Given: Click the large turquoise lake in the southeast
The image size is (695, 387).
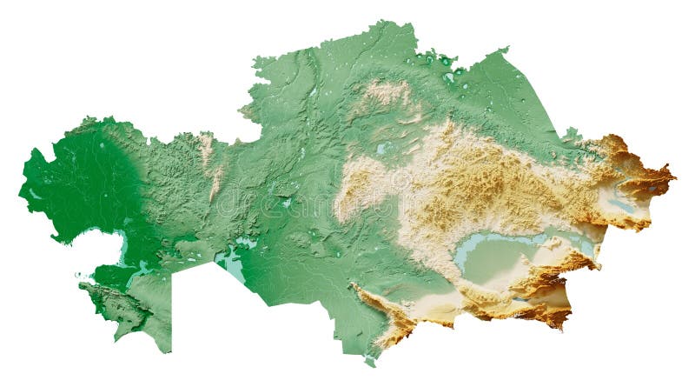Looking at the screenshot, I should pyautogui.click(x=486, y=248).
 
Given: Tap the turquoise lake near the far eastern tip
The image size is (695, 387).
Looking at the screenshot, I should pyautogui.click(x=652, y=186).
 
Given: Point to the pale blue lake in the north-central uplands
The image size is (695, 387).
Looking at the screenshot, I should pyautogui.click(x=382, y=149).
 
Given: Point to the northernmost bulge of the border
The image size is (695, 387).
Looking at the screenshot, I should pyautogui.click(x=382, y=23).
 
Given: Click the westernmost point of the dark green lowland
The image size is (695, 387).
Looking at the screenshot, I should pyautogui.click(x=20, y=185).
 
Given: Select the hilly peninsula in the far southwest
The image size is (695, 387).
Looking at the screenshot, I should pyautogui.click(x=117, y=304).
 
